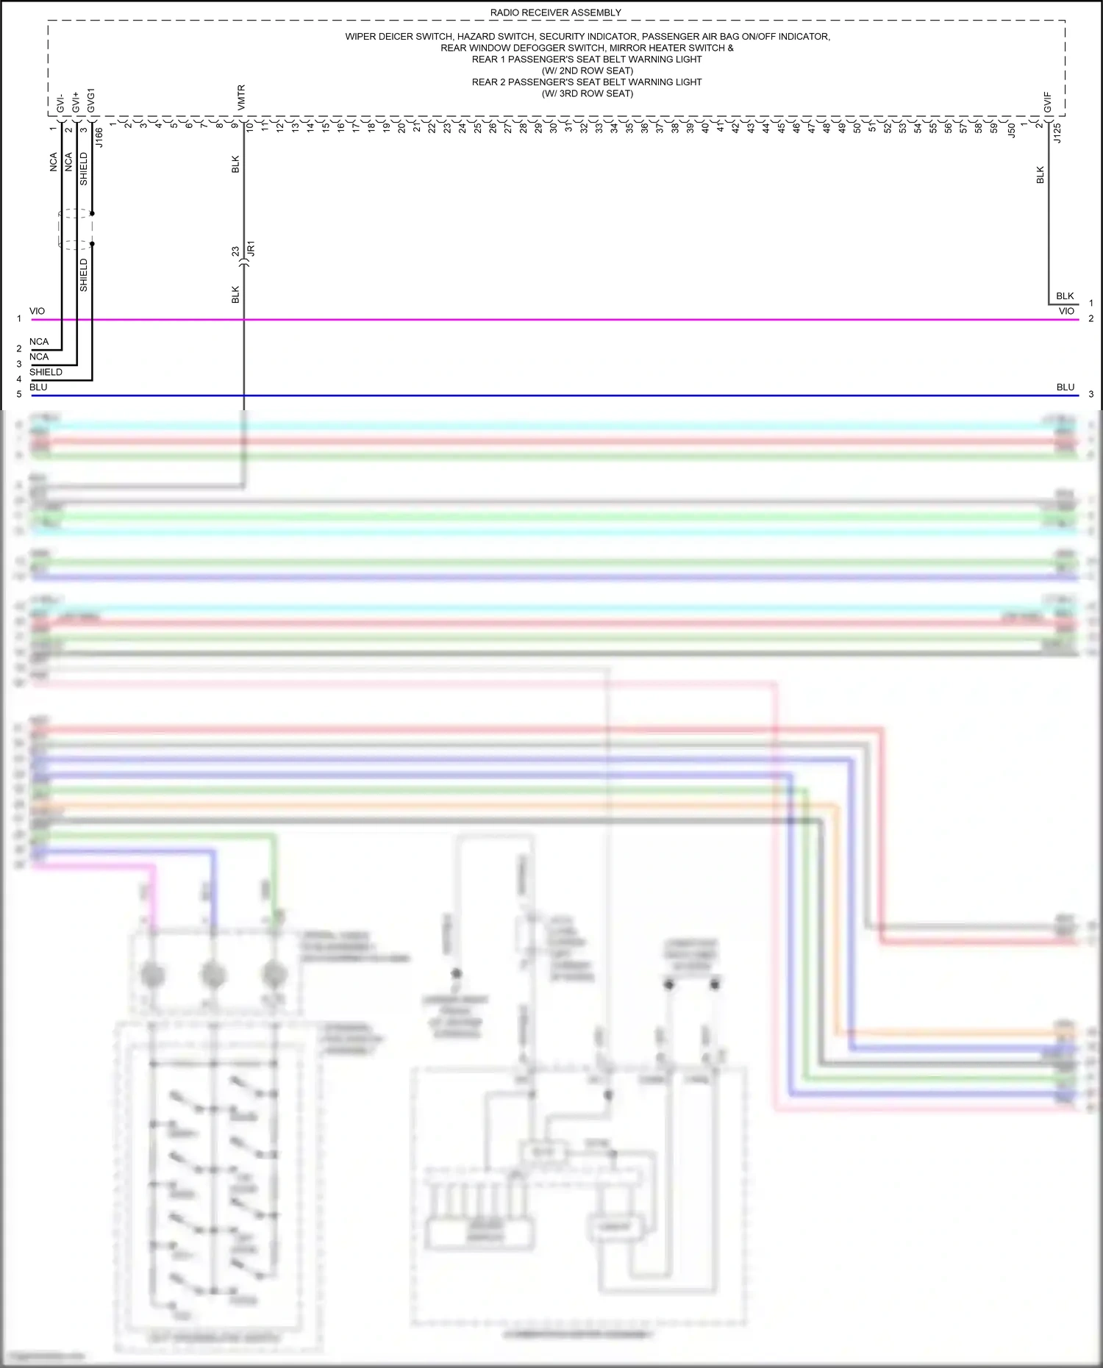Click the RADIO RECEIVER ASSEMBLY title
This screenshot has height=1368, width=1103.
pos(555,12)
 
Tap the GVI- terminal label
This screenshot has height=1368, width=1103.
pos(60,104)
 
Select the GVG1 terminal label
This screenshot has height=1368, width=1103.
pos(91,101)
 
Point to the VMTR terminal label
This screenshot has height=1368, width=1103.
pos(241,99)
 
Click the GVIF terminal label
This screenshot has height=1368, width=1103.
pos(1047,103)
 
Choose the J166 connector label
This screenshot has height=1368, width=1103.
pos(99,137)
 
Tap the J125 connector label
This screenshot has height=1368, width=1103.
pos(1057,133)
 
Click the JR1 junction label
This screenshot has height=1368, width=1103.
pos(251,248)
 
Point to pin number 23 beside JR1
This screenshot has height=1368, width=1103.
pos(235,251)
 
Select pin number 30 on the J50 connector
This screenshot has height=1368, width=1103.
pos(553,127)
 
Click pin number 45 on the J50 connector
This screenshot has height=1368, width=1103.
pos(781,127)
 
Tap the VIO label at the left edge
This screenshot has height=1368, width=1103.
pos(37,311)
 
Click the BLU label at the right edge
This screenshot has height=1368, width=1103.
pos(1065,387)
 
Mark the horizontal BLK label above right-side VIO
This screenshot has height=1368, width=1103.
pos(1065,296)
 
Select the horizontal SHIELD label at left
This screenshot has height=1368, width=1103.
pos(46,372)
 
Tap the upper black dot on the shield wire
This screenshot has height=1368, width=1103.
pos(92,213)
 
